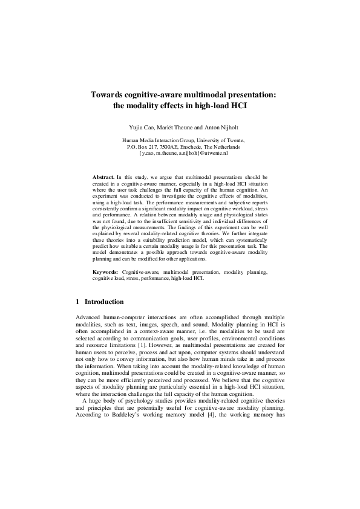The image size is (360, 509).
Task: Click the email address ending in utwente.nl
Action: pos(180,154)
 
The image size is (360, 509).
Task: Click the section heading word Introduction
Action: pos(104,302)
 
